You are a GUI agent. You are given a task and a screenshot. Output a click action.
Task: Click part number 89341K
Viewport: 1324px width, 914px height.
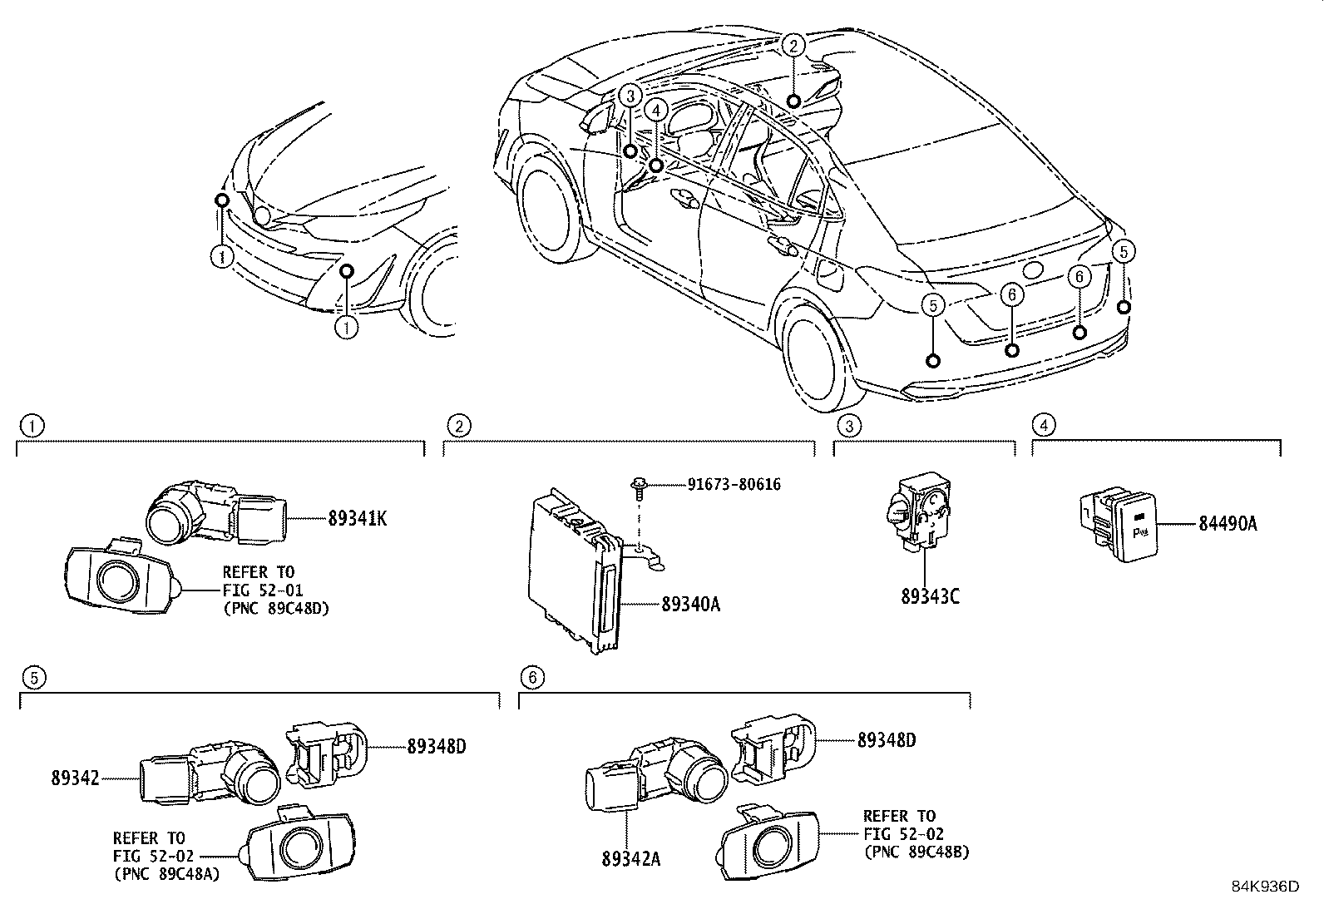357,518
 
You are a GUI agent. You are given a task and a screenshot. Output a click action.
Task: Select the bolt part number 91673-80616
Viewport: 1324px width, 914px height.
734,484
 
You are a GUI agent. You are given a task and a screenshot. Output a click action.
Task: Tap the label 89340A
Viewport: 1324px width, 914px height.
690,605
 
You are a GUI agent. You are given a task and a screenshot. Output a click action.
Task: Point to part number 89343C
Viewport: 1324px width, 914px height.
929,597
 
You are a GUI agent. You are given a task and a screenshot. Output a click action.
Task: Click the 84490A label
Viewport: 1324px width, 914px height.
1228,524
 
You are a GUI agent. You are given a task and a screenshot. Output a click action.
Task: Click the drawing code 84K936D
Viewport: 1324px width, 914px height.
1265,887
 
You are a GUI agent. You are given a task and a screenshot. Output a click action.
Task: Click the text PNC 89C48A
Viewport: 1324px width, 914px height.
166,873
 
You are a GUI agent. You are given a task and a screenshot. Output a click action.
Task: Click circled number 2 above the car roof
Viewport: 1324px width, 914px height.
793,46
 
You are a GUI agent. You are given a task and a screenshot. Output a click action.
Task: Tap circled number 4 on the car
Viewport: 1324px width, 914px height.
656,109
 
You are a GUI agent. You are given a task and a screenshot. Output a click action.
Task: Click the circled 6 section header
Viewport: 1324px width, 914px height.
531,677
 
